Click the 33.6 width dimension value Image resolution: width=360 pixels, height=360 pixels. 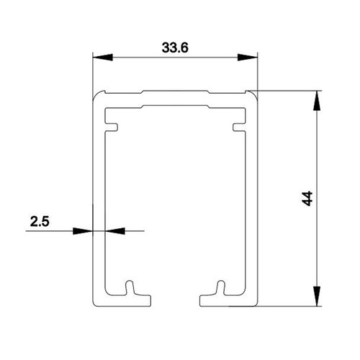point(175,48)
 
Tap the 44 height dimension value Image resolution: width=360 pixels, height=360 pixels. point(307,198)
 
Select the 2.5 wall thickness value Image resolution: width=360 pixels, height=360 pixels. point(40,221)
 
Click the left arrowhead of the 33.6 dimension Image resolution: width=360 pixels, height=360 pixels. point(103,58)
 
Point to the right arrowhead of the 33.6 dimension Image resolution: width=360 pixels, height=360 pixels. point(248,58)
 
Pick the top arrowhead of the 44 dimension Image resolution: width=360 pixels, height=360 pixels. point(317,101)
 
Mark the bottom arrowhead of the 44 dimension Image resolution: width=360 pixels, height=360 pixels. point(317,296)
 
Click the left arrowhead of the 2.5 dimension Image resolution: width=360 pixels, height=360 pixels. point(83,231)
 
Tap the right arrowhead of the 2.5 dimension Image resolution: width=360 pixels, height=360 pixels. point(115,231)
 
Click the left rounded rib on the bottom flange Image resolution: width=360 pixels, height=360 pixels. point(130,287)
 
